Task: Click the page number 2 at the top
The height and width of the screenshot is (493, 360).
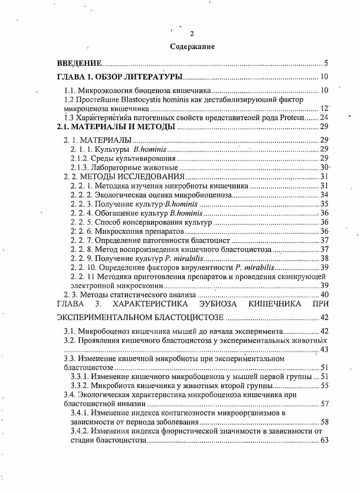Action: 192,33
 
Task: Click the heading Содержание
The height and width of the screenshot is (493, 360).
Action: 192,46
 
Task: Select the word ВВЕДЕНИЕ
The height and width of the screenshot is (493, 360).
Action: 80,63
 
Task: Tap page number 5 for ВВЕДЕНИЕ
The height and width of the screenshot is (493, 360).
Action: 326,63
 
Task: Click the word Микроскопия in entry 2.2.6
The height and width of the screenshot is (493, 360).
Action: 116,231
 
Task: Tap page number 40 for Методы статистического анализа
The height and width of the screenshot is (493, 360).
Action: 324,295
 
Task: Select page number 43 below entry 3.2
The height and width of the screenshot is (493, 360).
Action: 324,350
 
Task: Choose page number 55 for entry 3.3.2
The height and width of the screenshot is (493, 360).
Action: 324,386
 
